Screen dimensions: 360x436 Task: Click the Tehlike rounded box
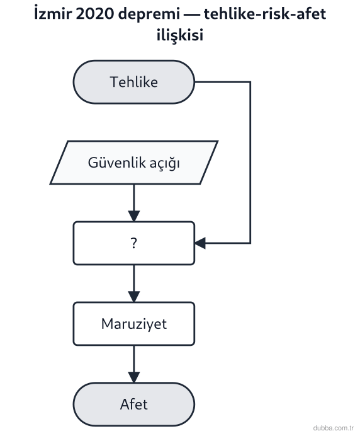[x=134, y=82]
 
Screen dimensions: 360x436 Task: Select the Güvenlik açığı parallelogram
[x=134, y=163]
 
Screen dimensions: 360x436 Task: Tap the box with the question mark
[x=134, y=243]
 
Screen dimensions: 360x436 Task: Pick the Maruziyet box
[x=134, y=324]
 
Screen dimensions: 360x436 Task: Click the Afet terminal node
[x=134, y=404]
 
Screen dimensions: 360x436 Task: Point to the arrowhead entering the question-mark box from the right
[x=200, y=243]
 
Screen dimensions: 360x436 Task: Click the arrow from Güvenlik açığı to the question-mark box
[x=134, y=203]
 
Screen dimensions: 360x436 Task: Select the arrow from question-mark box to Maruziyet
[x=134, y=284]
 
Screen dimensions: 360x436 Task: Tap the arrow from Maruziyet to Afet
[x=134, y=364]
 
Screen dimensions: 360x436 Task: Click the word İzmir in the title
[x=53, y=13]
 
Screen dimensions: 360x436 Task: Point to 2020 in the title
[x=95, y=14]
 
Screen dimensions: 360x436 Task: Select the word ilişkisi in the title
[x=180, y=35]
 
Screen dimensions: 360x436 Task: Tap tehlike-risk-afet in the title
[x=265, y=14]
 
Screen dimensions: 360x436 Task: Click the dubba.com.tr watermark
[x=334, y=428]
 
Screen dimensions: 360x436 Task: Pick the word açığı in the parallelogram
[x=165, y=163]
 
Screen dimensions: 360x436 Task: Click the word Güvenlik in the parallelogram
[x=116, y=163]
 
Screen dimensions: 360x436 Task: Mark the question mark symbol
[x=134, y=243]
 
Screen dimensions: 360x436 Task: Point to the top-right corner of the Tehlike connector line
[x=250, y=82]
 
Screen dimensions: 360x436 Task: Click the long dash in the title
[x=192, y=14]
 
